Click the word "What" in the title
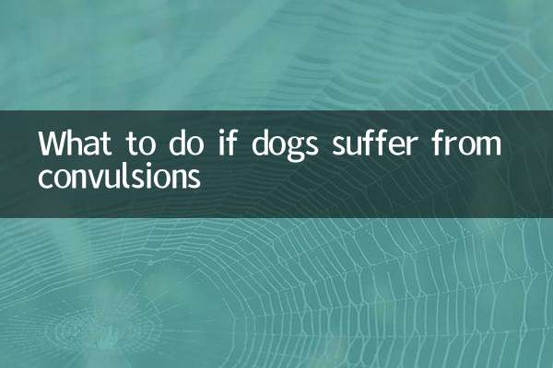click(x=75, y=146)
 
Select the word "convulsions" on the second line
click(x=119, y=177)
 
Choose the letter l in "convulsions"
click(x=124, y=176)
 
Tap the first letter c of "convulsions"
click(x=44, y=178)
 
